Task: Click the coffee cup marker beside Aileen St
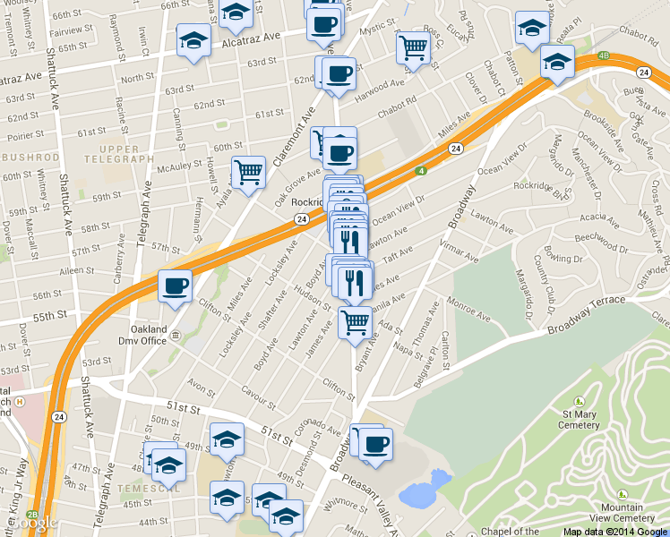coord(175,286)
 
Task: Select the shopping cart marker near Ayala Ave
coord(248,172)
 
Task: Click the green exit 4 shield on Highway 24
coord(419,171)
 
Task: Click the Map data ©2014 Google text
coord(614,532)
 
